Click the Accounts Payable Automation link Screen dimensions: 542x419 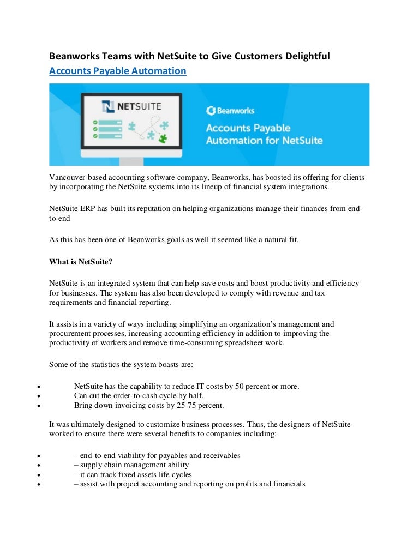[118, 71]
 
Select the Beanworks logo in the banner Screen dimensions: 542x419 [230, 111]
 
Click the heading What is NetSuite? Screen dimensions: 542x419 [81, 262]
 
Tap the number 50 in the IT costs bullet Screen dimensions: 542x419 [240, 386]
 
